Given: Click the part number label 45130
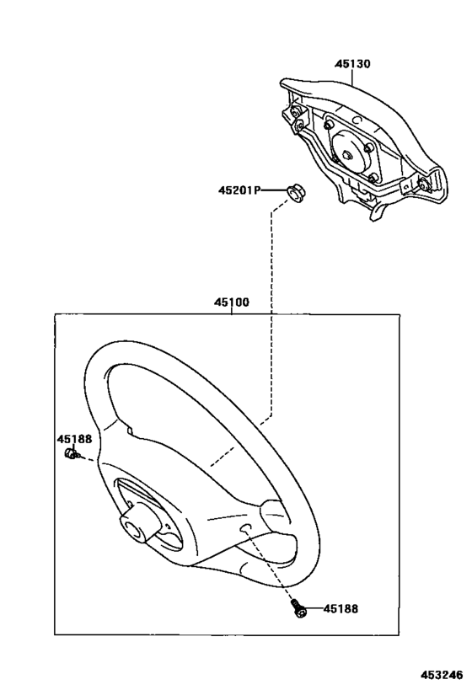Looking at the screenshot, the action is coord(352,64).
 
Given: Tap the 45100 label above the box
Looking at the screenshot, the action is coord(232,302).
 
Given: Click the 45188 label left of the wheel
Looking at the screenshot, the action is coord(74,439).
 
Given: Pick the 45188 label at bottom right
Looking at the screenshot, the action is coord(341,608).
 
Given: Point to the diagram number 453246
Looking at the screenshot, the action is coord(442,675).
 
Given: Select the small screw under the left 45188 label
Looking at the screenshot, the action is coord(71,453).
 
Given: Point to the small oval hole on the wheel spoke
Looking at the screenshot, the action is coord(245,528).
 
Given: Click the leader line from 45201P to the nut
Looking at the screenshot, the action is coord(273,190).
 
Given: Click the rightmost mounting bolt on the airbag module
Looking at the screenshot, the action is coord(425,185).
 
